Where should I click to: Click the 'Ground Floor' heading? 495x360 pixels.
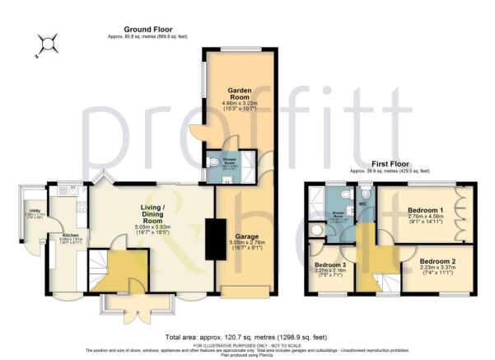point(142,29)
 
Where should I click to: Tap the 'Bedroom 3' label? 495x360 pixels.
point(329,264)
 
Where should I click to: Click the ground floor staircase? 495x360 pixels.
point(102,264)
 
